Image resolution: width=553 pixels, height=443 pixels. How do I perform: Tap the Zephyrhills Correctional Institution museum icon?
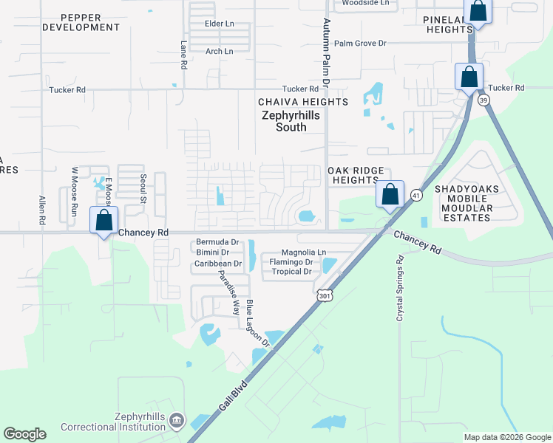click(177, 421)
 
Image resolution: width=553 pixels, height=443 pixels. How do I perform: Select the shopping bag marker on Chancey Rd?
click(104, 220)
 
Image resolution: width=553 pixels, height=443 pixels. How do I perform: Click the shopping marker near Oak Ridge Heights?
click(390, 194)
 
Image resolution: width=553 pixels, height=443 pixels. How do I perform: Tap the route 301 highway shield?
click(324, 295)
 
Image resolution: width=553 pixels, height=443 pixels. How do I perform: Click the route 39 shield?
click(484, 99)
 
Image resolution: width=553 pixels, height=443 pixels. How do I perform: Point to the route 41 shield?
click(417, 195)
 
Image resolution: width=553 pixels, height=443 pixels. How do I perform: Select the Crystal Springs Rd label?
click(400, 288)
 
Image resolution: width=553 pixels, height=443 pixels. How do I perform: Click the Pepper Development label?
click(81, 22)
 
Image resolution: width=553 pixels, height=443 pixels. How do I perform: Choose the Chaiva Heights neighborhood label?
click(302, 102)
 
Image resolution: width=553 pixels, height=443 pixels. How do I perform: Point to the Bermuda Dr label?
click(217, 242)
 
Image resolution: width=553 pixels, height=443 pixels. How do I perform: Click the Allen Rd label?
click(41, 210)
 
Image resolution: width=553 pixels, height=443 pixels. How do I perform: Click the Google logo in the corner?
click(24, 434)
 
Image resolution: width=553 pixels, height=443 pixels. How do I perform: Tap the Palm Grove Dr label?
click(360, 44)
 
